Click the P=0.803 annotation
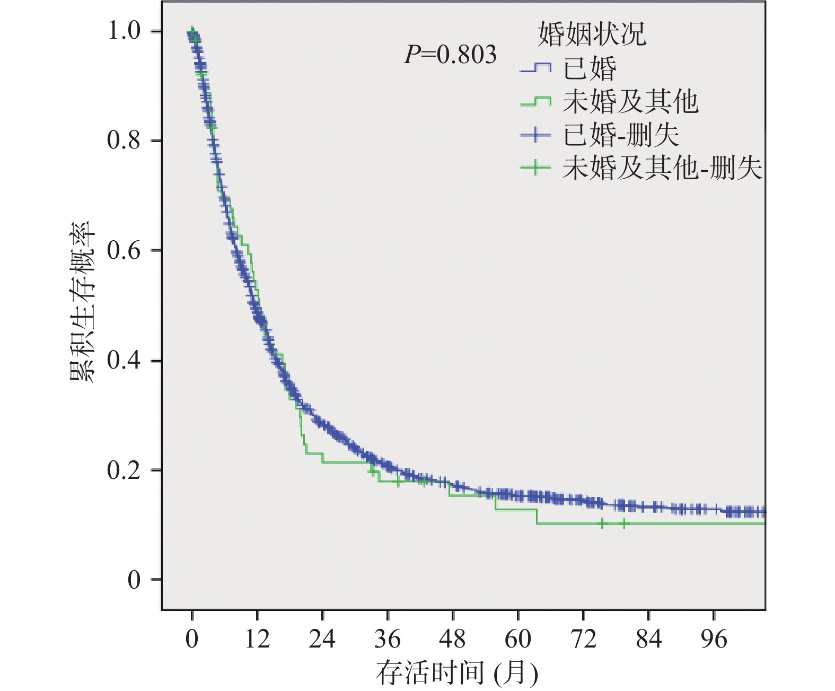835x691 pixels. point(451,55)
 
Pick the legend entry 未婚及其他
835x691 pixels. point(629,101)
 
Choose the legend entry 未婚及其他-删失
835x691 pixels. point(662,168)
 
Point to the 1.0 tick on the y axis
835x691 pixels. point(124,31)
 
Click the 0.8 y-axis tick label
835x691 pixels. point(124,141)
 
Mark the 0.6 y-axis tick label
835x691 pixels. point(124,250)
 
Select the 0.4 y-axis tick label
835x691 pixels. point(124,361)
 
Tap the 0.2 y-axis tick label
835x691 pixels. point(124,470)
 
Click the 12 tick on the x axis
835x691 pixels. point(257,640)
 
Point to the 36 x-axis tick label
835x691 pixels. point(388,640)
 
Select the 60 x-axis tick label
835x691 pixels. point(518,640)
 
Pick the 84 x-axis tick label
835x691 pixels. point(648,640)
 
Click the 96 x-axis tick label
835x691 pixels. point(714,640)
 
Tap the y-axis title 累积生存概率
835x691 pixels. point(82,302)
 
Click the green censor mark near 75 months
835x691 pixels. point(602,524)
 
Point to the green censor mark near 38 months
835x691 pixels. point(398,482)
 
